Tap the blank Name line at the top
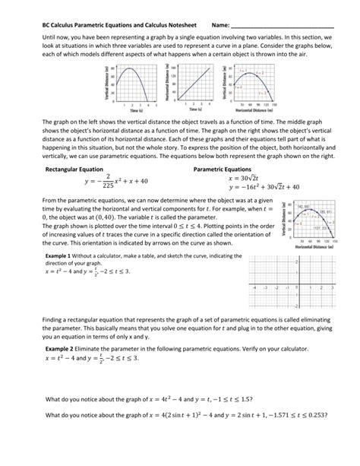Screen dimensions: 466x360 292,28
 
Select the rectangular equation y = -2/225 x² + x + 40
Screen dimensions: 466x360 115,183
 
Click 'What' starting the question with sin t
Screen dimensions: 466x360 55,415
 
